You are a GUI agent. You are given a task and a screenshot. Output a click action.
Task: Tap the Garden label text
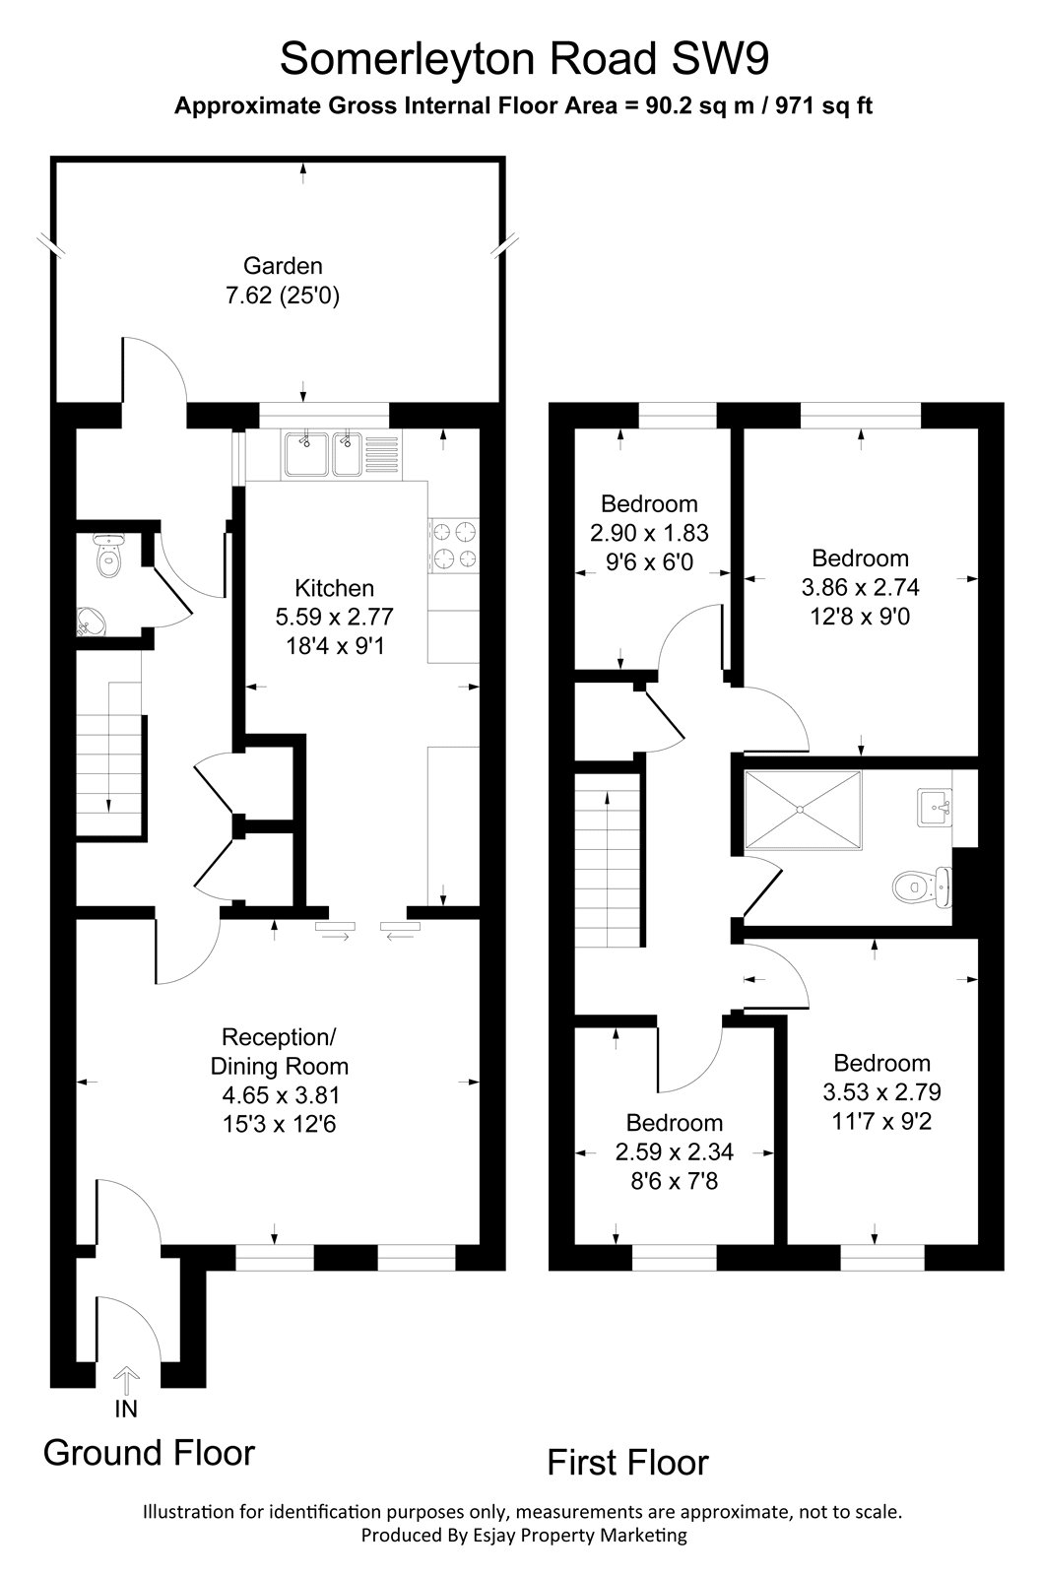[x=283, y=265]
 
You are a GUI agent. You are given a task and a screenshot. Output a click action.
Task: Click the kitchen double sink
[x=324, y=455]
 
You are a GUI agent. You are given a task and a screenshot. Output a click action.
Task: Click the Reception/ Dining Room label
[x=280, y=1051]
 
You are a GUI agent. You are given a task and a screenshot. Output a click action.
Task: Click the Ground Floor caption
[x=149, y=1452]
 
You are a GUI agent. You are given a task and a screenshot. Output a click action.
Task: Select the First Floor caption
[x=627, y=1462]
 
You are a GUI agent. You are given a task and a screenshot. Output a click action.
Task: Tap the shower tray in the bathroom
[x=803, y=809]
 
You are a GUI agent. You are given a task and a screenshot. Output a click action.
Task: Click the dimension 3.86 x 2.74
[x=860, y=587]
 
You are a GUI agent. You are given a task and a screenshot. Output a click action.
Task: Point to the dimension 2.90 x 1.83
[x=650, y=533]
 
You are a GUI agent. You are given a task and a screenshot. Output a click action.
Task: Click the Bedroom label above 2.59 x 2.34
[x=675, y=1123]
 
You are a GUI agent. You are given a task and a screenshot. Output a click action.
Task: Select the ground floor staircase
[x=111, y=758]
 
